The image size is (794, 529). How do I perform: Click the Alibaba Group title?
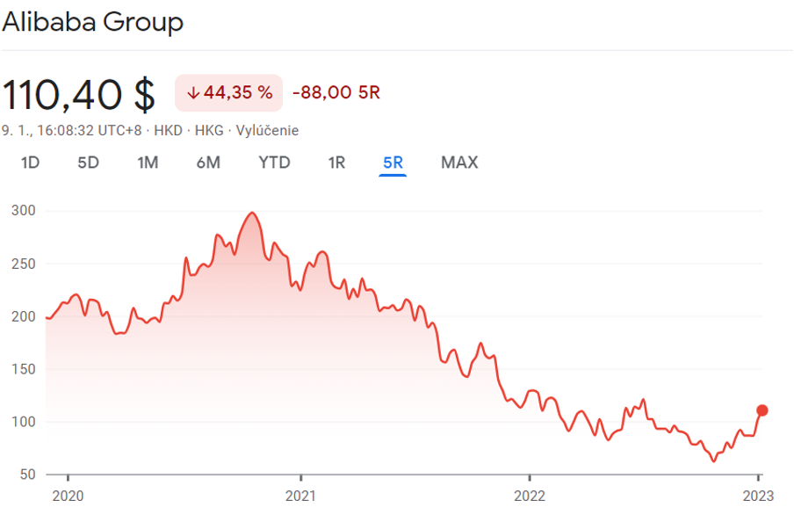coord(93,22)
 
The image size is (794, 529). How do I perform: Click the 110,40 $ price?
coord(79,94)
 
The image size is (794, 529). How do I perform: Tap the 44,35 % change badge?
coord(229,93)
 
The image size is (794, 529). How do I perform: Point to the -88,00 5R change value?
coord(336,93)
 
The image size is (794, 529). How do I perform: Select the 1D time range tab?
coord(30,163)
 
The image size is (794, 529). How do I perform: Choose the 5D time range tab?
coord(88,163)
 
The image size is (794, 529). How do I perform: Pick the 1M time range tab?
coord(148,163)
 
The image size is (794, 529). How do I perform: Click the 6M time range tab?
coord(208,163)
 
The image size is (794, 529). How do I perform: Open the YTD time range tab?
coord(274,163)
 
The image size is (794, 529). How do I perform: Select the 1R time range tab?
coord(336,163)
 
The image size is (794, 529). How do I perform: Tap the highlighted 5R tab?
coord(393,163)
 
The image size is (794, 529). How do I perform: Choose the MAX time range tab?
coord(459,163)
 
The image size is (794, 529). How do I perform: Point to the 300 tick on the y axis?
coord(23,211)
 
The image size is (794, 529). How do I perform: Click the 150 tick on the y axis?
coord(23,369)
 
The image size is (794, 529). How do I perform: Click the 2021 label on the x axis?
coord(300,496)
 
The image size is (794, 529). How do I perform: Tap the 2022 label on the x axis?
coord(529,496)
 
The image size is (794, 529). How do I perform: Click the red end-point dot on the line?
coord(762,410)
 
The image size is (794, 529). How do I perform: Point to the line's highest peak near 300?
coord(253,213)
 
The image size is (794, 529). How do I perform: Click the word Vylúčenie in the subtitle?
coord(267,131)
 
